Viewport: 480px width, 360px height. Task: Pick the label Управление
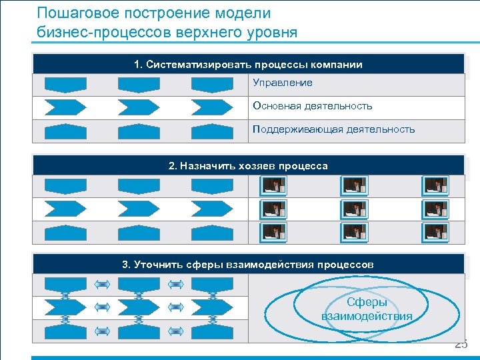[x=283, y=83]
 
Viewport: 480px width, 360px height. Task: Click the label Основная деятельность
[x=313, y=106]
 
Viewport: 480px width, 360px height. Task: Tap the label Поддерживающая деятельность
[x=333, y=129]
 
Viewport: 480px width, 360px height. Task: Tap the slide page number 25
[x=461, y=344]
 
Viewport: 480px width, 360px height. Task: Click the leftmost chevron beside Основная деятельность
[x=65, y=107]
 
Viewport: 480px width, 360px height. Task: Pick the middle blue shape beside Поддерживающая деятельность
[x=139, y=130]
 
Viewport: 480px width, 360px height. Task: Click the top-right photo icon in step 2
[x=435, y=185]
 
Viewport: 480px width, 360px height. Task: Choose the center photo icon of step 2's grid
[x=353, y=209]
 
